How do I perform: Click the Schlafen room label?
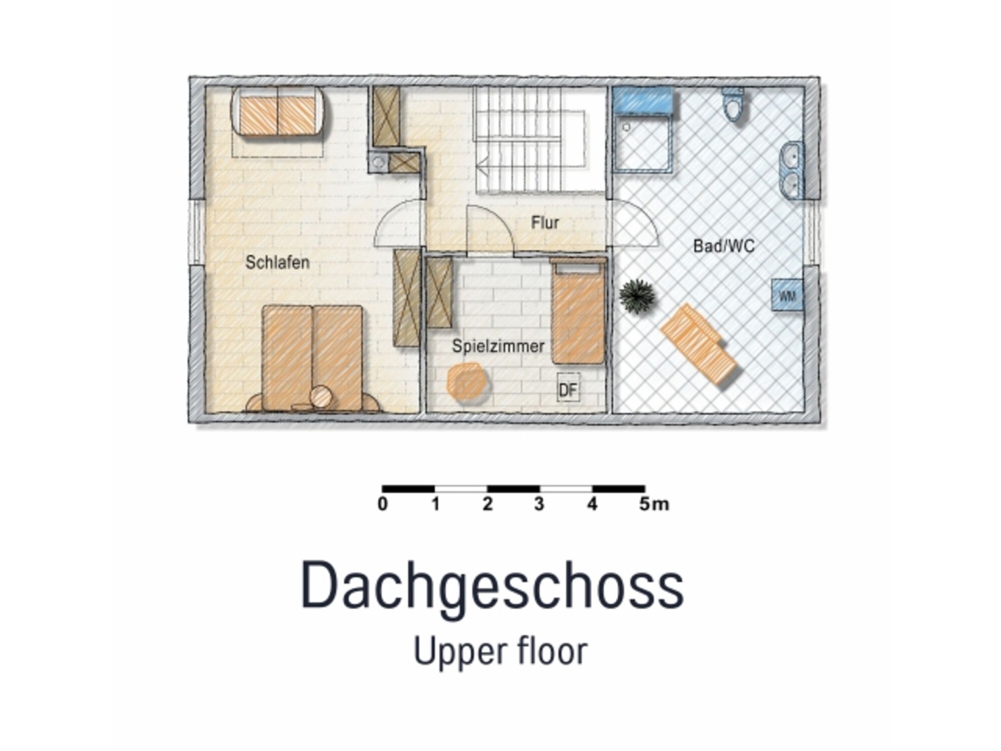pos(277,262)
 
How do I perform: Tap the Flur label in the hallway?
pos(545,222)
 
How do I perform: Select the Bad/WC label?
pos(723,246)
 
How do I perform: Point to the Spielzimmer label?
pos(498,346)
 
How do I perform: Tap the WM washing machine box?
pos(787,295)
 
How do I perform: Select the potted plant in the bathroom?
pos(637,295)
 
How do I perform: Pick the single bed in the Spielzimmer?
pos(578,311)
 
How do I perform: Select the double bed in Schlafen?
pos(312,358)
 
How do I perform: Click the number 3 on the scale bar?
pos(539,504)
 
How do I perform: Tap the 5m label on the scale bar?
pos(654,504)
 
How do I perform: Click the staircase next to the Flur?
pos(541,140)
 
